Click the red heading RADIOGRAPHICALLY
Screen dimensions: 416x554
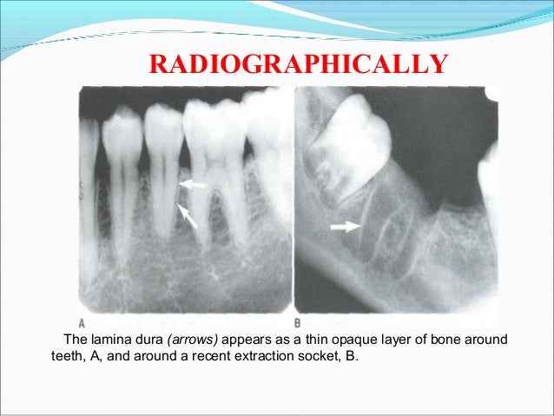300,63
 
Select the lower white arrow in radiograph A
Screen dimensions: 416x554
188,214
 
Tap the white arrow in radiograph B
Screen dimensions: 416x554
345,228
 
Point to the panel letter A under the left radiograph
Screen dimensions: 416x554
82,307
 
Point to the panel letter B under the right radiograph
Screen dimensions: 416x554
299,307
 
